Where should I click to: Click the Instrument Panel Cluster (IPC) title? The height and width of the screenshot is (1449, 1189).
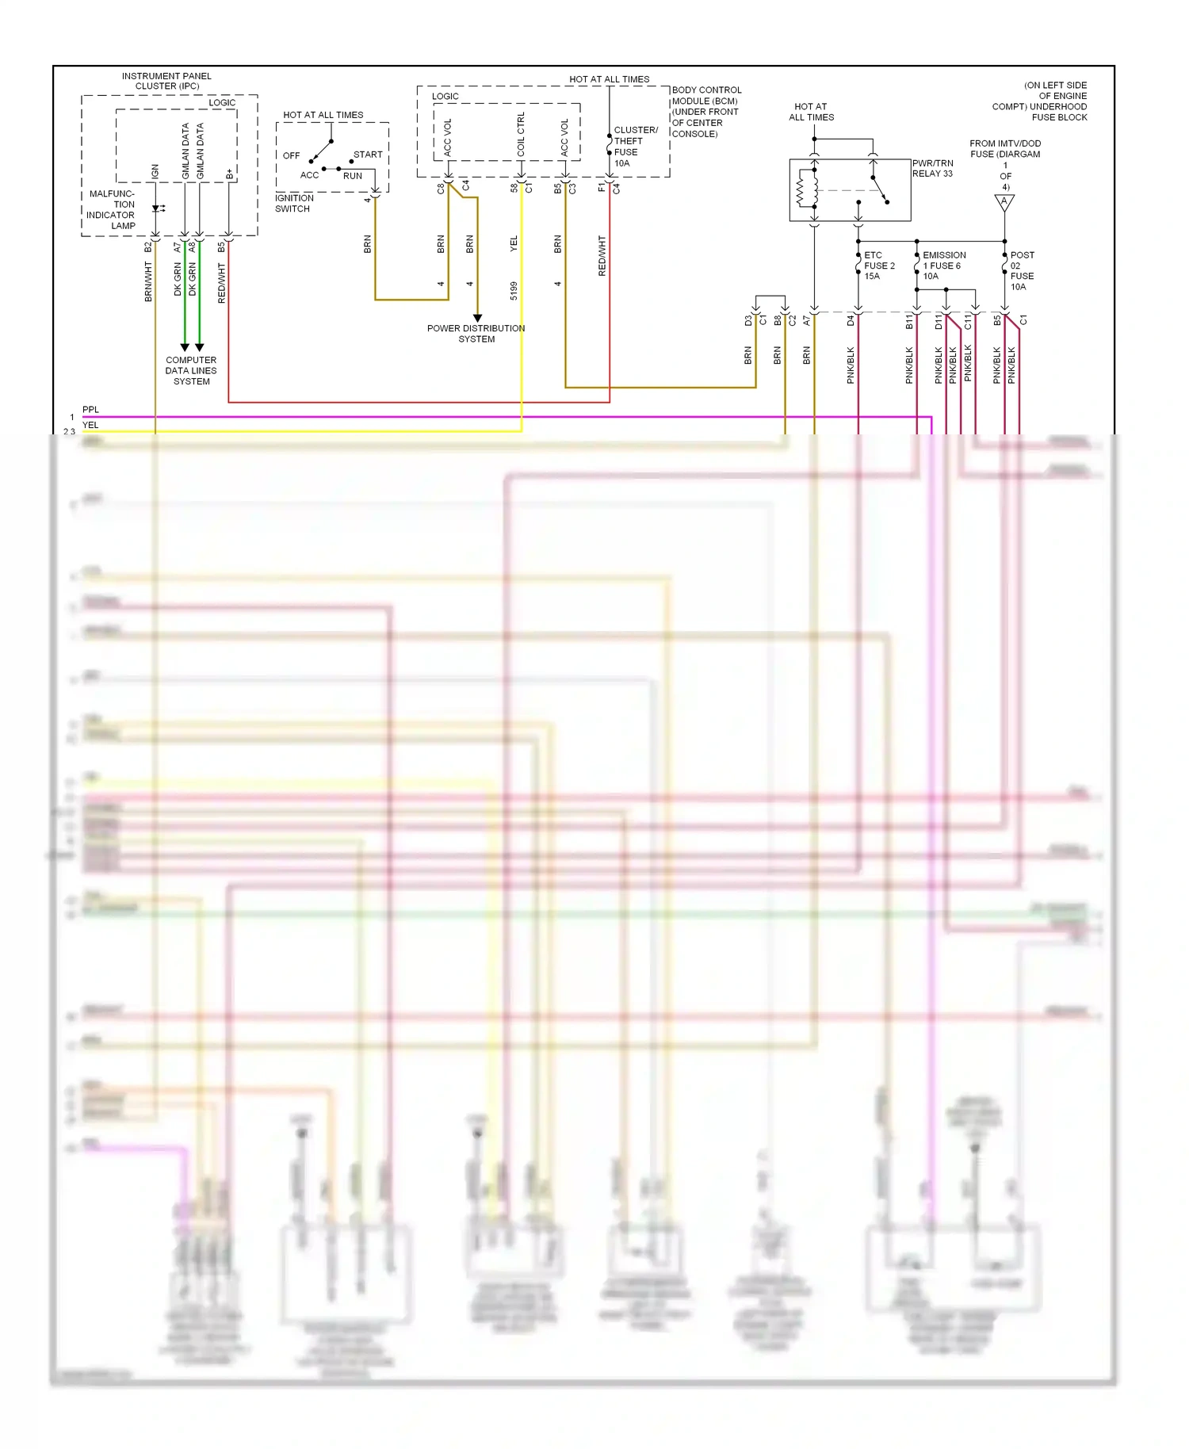[x=166, y=81]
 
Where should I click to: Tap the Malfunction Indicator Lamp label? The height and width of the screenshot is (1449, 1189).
[x=112, y=209]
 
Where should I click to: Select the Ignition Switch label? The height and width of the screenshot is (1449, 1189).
[x=294, y=204]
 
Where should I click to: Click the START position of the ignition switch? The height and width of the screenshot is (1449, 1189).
[x=368, y=155]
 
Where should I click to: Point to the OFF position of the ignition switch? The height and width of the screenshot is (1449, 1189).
[x=291, y=155]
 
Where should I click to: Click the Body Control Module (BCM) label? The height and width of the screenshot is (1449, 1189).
[x=705, y=112]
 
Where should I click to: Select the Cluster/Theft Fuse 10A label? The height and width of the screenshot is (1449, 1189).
[x=635, y=146]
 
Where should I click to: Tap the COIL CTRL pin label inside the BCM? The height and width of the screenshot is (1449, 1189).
[x=521, y=134]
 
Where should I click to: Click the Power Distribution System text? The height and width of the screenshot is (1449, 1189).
[x=476, y=334]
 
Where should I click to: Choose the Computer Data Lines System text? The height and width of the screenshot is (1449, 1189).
[x=191, y=370]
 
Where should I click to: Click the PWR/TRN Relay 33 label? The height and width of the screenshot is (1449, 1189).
[x=933, y=168]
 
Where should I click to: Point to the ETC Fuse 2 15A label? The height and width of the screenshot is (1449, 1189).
[x=878, y=266]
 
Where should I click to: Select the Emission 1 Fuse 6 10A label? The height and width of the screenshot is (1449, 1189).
[x=943, y=266]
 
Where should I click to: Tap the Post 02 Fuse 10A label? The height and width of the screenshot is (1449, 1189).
[x=1022, y=270]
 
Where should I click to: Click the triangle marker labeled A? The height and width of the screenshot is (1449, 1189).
[x=1004, y=202]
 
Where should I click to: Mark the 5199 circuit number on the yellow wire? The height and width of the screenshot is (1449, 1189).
[x=514, y=290]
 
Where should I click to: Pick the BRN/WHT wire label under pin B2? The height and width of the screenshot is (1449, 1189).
[x=148, y=282]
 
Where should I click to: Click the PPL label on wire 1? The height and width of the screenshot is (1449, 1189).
[x=91, y=410]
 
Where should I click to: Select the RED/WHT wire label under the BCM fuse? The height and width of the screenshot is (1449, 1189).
[x=602, y=255]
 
